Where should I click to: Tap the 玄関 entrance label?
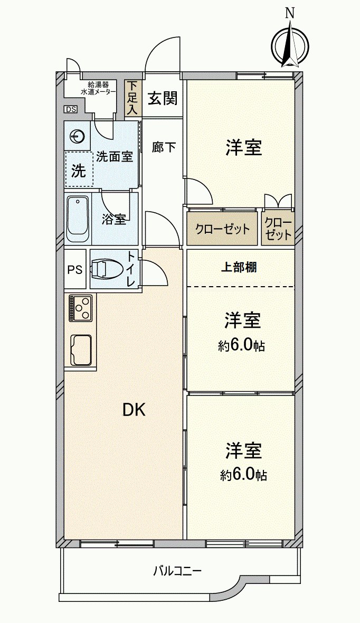[162, 99]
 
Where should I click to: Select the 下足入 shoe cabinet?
[133, 98]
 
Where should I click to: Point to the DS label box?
[70, 109]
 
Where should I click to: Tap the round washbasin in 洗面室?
[77, 136]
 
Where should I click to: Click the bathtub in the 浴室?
[78, 218]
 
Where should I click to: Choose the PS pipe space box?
[75, 269]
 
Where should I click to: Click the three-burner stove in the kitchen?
[81, 307]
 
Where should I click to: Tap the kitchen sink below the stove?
[81, 349]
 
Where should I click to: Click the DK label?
[134, 410]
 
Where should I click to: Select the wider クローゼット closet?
[222, 229]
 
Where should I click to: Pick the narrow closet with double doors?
[278, 229]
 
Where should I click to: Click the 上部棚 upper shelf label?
[239, 267]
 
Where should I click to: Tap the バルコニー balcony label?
[177, 571]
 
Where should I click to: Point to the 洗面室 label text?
[115, 157]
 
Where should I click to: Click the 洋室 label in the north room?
[243, 148]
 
